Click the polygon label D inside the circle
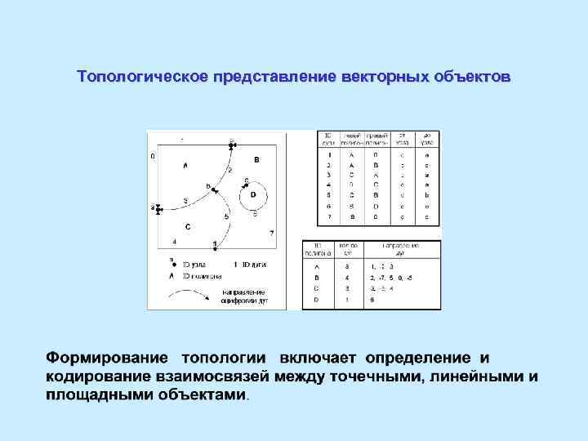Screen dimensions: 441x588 click(x=253, y=194)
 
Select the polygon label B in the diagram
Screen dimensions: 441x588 click(x=256, y=160)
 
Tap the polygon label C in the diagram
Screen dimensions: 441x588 click(x=188, y=226)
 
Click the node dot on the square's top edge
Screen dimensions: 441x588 click(x=232, y=145)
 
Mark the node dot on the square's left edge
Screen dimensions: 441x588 click(x=158, y=209)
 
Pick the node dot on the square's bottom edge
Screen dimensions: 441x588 click(x=215, y=246)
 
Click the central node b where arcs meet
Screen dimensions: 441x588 click(x=215, y=190)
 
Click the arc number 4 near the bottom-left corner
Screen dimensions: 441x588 click(x=174, y=242)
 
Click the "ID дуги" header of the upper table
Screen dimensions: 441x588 click(x=328, y=139)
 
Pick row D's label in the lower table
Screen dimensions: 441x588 click(x=317, y=300)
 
